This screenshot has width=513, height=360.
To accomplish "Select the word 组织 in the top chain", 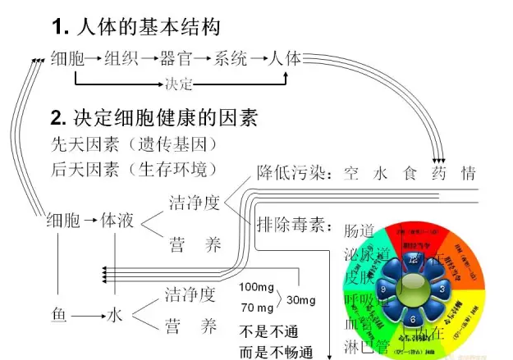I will click(x=121, y=58).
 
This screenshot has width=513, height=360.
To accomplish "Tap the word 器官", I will click(x=178, y=58).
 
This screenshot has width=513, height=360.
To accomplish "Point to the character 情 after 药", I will click(x=468, y=173).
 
